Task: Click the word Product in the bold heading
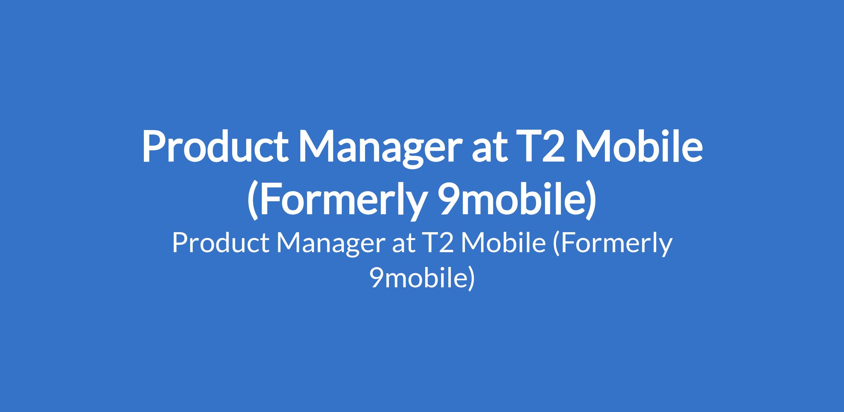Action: pos(215,146)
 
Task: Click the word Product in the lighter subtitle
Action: pos(220,243)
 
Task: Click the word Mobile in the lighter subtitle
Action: pos(503,243)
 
